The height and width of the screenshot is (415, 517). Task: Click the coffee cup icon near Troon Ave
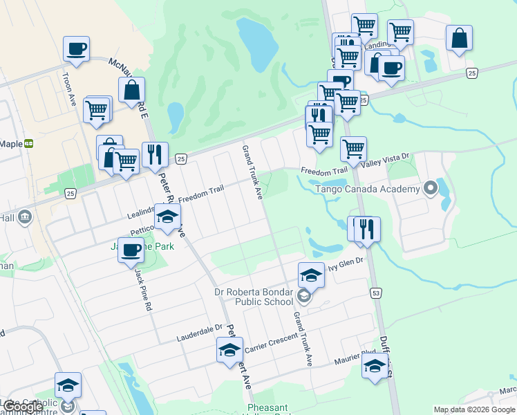[x=76, y=49]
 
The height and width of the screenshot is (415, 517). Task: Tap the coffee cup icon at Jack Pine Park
[x=131, y=250]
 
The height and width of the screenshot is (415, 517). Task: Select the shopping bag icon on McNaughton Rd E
[x=131, y=90]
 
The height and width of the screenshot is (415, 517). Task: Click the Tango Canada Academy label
[x=368, y=189]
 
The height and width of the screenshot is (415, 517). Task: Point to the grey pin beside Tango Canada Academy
[x=430, y=187]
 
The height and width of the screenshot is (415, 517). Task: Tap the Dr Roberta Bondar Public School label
[x=255, y=296]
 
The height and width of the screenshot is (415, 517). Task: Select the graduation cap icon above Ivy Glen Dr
[x=311, y=275]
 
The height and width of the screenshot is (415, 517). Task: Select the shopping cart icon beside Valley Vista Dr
[x=353, y=148]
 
